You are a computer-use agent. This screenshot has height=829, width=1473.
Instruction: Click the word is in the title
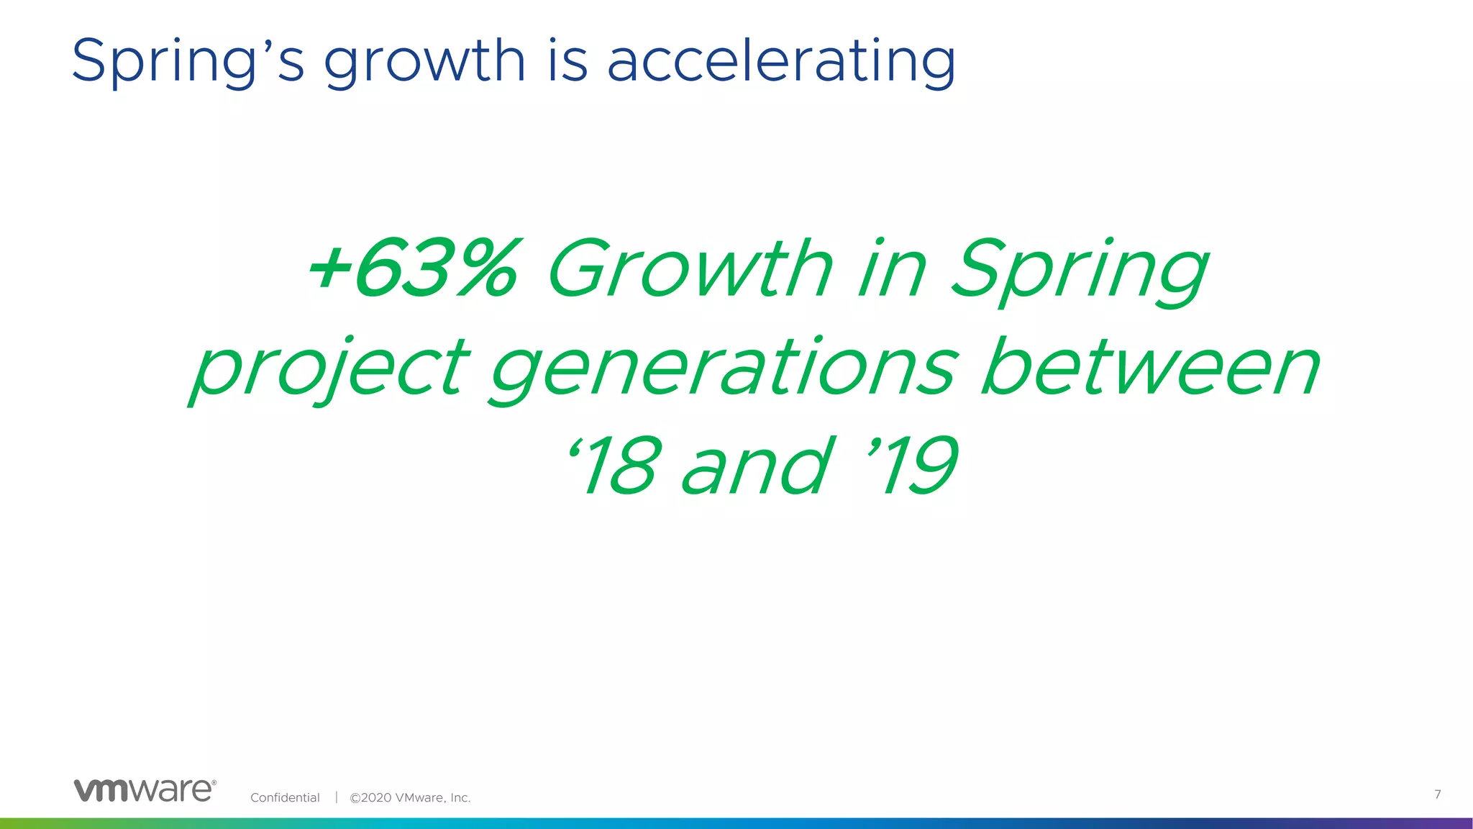tap(567, 60)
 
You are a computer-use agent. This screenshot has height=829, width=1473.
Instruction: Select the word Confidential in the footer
tap(285, 797)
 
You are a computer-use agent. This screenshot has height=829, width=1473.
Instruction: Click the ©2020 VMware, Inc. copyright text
tap(410, 797)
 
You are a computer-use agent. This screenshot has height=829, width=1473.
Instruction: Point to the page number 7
tap(1437, 794)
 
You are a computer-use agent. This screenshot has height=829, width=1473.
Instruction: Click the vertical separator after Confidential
tap(336, 797)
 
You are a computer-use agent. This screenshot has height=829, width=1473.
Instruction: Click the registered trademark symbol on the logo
tap(214, 782)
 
